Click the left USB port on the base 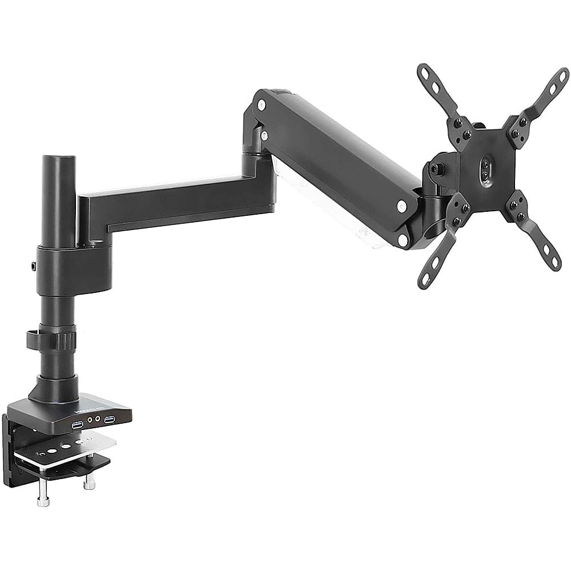pos(77,424)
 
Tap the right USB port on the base pos(110,420)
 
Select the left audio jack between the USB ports pos(90,422)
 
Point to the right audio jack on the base pos(98,421)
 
